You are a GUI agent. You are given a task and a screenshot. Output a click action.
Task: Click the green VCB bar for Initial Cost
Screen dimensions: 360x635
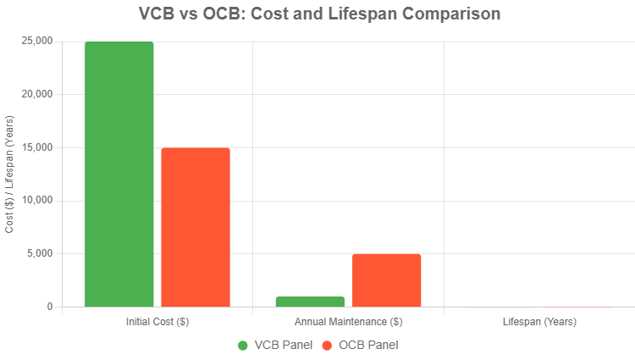pyautogui.click(x=119, y=174)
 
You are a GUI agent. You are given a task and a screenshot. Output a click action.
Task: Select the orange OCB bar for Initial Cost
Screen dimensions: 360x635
pyautogui.click(x=196, y=227)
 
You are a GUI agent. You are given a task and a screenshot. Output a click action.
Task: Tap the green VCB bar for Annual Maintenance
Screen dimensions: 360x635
pyautogui.click(x=311, y=302)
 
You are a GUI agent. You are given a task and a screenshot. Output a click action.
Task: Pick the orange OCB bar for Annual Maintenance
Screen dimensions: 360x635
pyautogui.click(x=387, y=280)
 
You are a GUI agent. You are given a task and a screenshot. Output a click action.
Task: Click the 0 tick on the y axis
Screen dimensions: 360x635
pyautogui.click(x=49, y=307)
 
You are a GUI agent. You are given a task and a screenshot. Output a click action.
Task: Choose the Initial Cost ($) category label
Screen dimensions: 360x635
pyautogui.click(x=157, y=323)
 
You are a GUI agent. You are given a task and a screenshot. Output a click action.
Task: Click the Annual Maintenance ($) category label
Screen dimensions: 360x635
pyautogui.click(x=349, y=323)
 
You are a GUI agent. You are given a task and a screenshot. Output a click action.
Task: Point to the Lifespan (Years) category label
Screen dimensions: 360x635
pyautogui.click(x=539, y=323)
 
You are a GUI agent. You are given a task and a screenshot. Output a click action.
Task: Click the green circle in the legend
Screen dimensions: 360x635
pyautogui.click(x=243, y=345)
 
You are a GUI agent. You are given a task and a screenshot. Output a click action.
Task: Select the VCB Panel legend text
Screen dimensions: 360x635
pyautogui.click(x=283, y=345)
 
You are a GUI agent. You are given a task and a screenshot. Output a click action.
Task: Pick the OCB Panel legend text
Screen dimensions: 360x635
pyautogui.click(x=368, y=345)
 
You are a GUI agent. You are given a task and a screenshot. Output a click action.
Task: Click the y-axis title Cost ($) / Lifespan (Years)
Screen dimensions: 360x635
pyautogui.click(x=10, y=174)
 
